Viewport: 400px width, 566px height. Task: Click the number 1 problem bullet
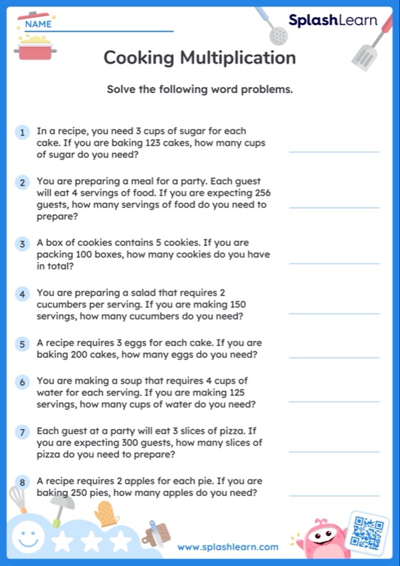click(x=23, y=132)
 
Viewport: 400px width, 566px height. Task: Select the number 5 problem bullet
click(x=23, y=344)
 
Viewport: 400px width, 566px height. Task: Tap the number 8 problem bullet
click(x=23, y=482)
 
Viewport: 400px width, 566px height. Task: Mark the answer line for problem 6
click(x=333, y=402)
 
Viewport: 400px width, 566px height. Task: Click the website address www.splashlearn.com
click(x=228, y=547)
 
